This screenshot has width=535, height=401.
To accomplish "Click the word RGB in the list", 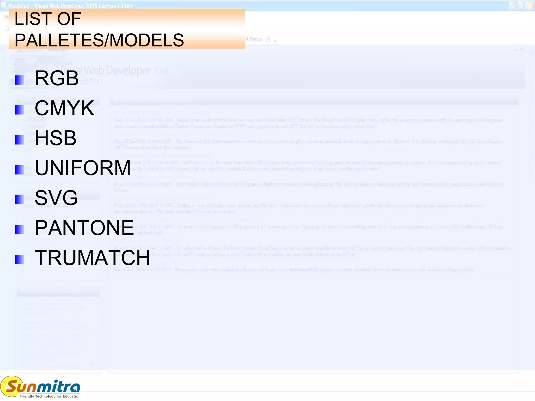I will tap(57, 78).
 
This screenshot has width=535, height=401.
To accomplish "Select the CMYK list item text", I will tap(64, 108).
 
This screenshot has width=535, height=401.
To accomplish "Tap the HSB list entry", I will tap(56, 138).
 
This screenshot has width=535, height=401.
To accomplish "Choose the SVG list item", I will tap(56, 198).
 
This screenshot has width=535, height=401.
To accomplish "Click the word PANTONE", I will tap(84, 228).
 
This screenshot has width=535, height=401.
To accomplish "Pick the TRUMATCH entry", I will tap(92, 258).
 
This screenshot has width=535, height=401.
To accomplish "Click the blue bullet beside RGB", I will tap(20, 80).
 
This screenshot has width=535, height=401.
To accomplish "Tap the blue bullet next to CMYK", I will tap(20, 110).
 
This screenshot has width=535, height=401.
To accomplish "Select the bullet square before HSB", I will tap(20, 140).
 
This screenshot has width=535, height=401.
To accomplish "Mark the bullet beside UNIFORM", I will tap(20, 170).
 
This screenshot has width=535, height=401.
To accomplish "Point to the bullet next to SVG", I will tap(20, 200).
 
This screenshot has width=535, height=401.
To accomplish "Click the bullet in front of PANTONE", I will tap(20, 230).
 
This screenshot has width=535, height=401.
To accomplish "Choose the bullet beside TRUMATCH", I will tap(20, 260).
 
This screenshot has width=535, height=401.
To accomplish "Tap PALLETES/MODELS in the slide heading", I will tap(99, 40).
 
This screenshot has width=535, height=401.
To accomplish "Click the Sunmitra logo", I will tap(40, 386).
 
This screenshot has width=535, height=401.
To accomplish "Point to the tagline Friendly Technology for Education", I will tap(50, 396).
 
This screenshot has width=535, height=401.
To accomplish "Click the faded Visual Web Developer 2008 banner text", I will tap(112, 70).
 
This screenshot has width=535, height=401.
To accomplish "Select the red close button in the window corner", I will tap(531, 5).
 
